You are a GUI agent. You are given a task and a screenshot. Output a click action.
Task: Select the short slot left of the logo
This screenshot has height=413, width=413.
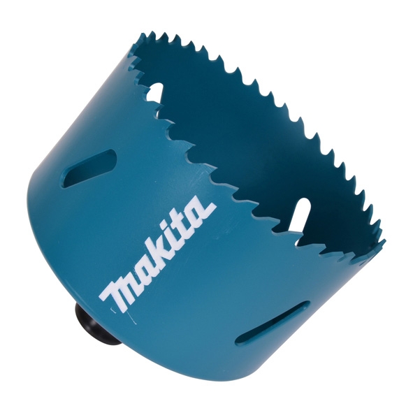pyautogui.click(x=89, y=168)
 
